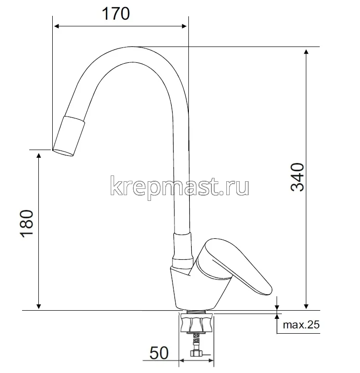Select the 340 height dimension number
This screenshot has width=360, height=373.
[x=298, y=177]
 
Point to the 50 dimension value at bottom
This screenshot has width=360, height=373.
[x=159, y=353]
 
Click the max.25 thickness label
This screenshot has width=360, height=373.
[x=301, y=325]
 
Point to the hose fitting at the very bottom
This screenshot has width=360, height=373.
[x=196, y=355]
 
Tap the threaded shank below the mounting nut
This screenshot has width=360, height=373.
[x=196, y=343]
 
